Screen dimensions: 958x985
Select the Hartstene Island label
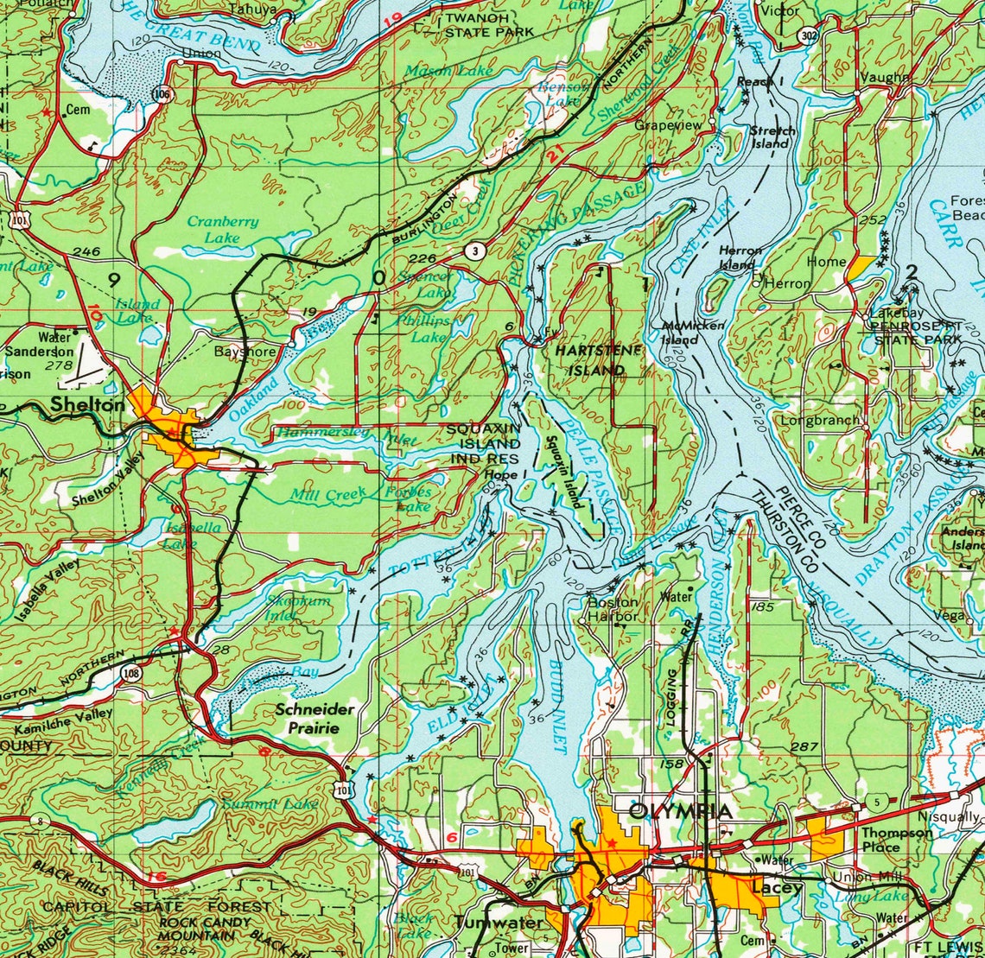(x=590, y=359)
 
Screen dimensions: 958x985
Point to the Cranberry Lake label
(x=223, y=229)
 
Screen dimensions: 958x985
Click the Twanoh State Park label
(x=489, y=25)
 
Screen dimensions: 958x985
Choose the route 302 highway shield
(x=808, y=36)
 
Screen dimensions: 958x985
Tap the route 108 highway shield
(x=130, y=673)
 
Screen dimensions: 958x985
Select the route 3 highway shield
(x=473, y=251)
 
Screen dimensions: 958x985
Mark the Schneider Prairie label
(x=314, y=718)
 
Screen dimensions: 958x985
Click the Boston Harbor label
(x=613, y=609)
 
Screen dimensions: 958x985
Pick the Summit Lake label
(x=270, y=804)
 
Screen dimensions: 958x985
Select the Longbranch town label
(x=820, y=421)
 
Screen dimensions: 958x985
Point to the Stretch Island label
(x=772, y=136)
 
